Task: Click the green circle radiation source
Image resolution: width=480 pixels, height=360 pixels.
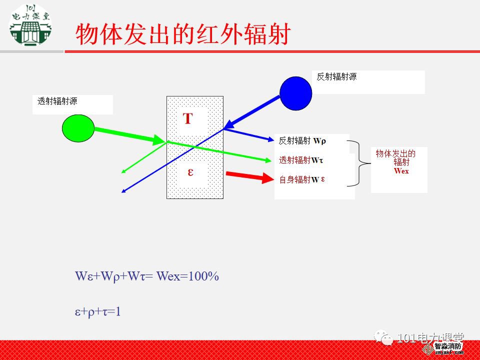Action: [78, 128]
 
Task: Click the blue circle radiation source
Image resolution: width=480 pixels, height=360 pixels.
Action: [295, 93]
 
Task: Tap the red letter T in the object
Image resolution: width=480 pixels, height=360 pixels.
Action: [187, 119]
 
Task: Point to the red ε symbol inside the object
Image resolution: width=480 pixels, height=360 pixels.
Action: [190, 171]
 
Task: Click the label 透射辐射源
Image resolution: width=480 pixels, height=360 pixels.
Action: [57, 101]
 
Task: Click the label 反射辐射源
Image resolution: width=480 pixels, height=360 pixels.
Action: [337, 76]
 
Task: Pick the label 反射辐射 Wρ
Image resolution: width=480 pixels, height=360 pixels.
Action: [302, 141]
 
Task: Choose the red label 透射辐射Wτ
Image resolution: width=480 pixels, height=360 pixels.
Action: [301, 160]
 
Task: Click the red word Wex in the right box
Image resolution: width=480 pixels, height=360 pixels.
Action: [401, 171]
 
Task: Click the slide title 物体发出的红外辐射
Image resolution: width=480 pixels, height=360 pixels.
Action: [182, 34]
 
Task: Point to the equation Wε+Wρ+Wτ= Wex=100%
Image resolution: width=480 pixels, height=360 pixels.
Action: [147, 276]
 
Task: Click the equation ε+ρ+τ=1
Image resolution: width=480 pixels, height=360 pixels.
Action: [98, 312]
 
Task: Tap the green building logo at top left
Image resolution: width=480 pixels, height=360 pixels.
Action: [31, 23]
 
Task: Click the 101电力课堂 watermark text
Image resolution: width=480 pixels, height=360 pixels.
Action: [430, 338]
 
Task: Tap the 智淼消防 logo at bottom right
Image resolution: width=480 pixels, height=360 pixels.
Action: [447, 347]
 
